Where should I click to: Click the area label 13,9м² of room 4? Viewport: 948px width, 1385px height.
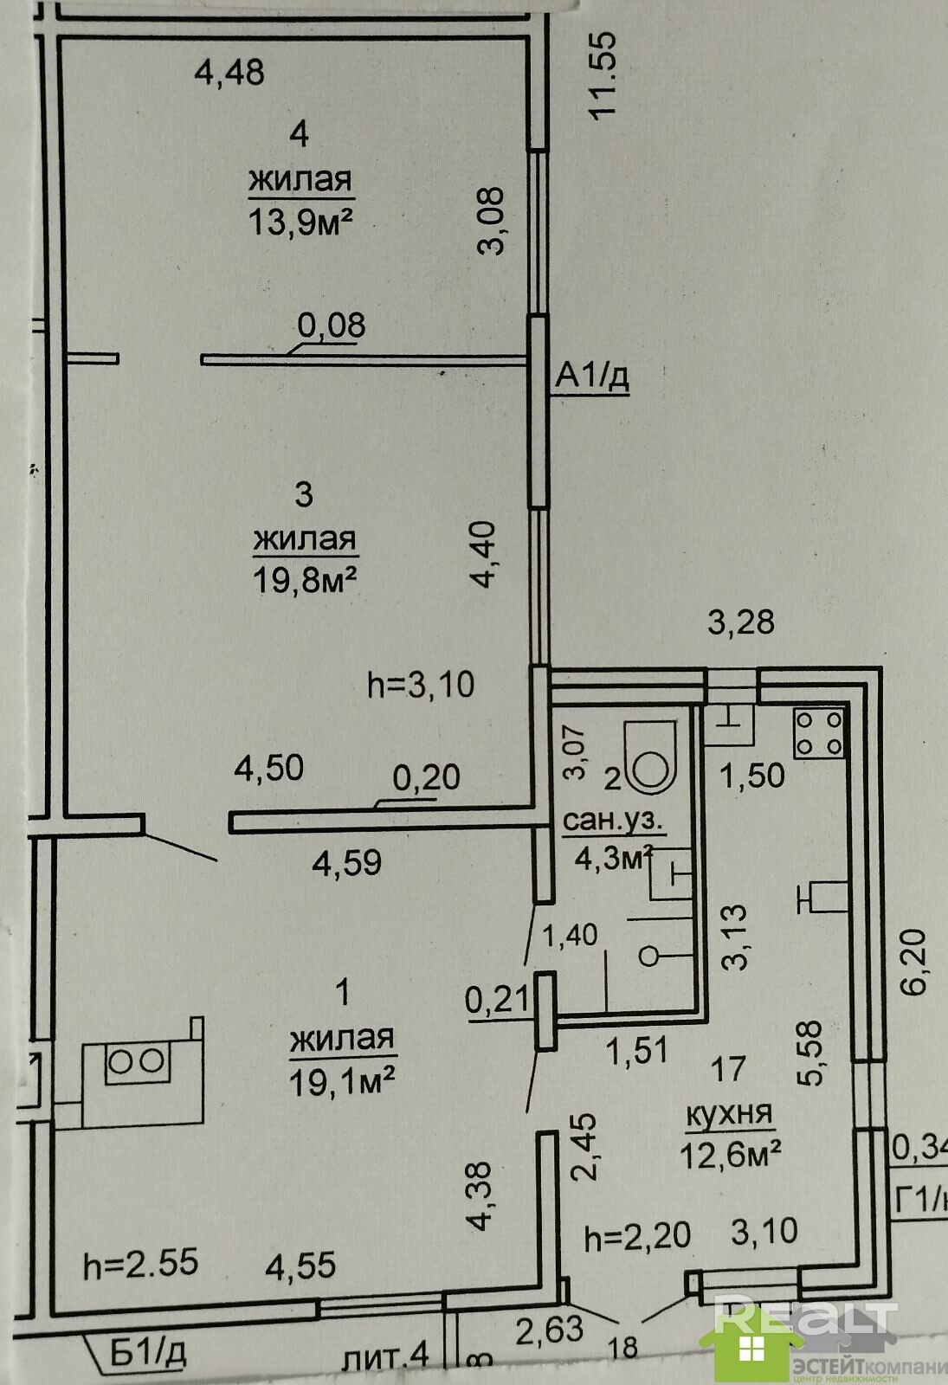click(x=300, y=222)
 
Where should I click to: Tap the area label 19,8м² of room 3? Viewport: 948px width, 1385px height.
click(x=305, y=579)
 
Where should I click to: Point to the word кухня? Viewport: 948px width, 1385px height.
click(x=728, y=1114)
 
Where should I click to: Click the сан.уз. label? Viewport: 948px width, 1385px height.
click(x=612, y=820)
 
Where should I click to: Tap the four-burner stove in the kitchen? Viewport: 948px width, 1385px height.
click(x=818, y=732)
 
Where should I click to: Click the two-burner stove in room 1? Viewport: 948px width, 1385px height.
click(x=136, y=1063)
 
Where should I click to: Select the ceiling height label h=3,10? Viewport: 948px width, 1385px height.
click(x=421, y=685)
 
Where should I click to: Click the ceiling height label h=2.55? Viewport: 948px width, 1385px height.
click(x=140, y=1265)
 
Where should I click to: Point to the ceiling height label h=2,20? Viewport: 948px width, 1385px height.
click(x=637, y=1237)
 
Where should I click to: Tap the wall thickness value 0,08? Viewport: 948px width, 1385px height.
click(x=331, y=325)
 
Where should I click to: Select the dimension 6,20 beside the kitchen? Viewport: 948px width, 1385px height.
click(x=917, y=961)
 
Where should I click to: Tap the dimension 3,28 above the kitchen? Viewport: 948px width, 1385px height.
click(x=741, y=622)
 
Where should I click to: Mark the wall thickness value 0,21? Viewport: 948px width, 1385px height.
click(x=497, y=1000)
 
